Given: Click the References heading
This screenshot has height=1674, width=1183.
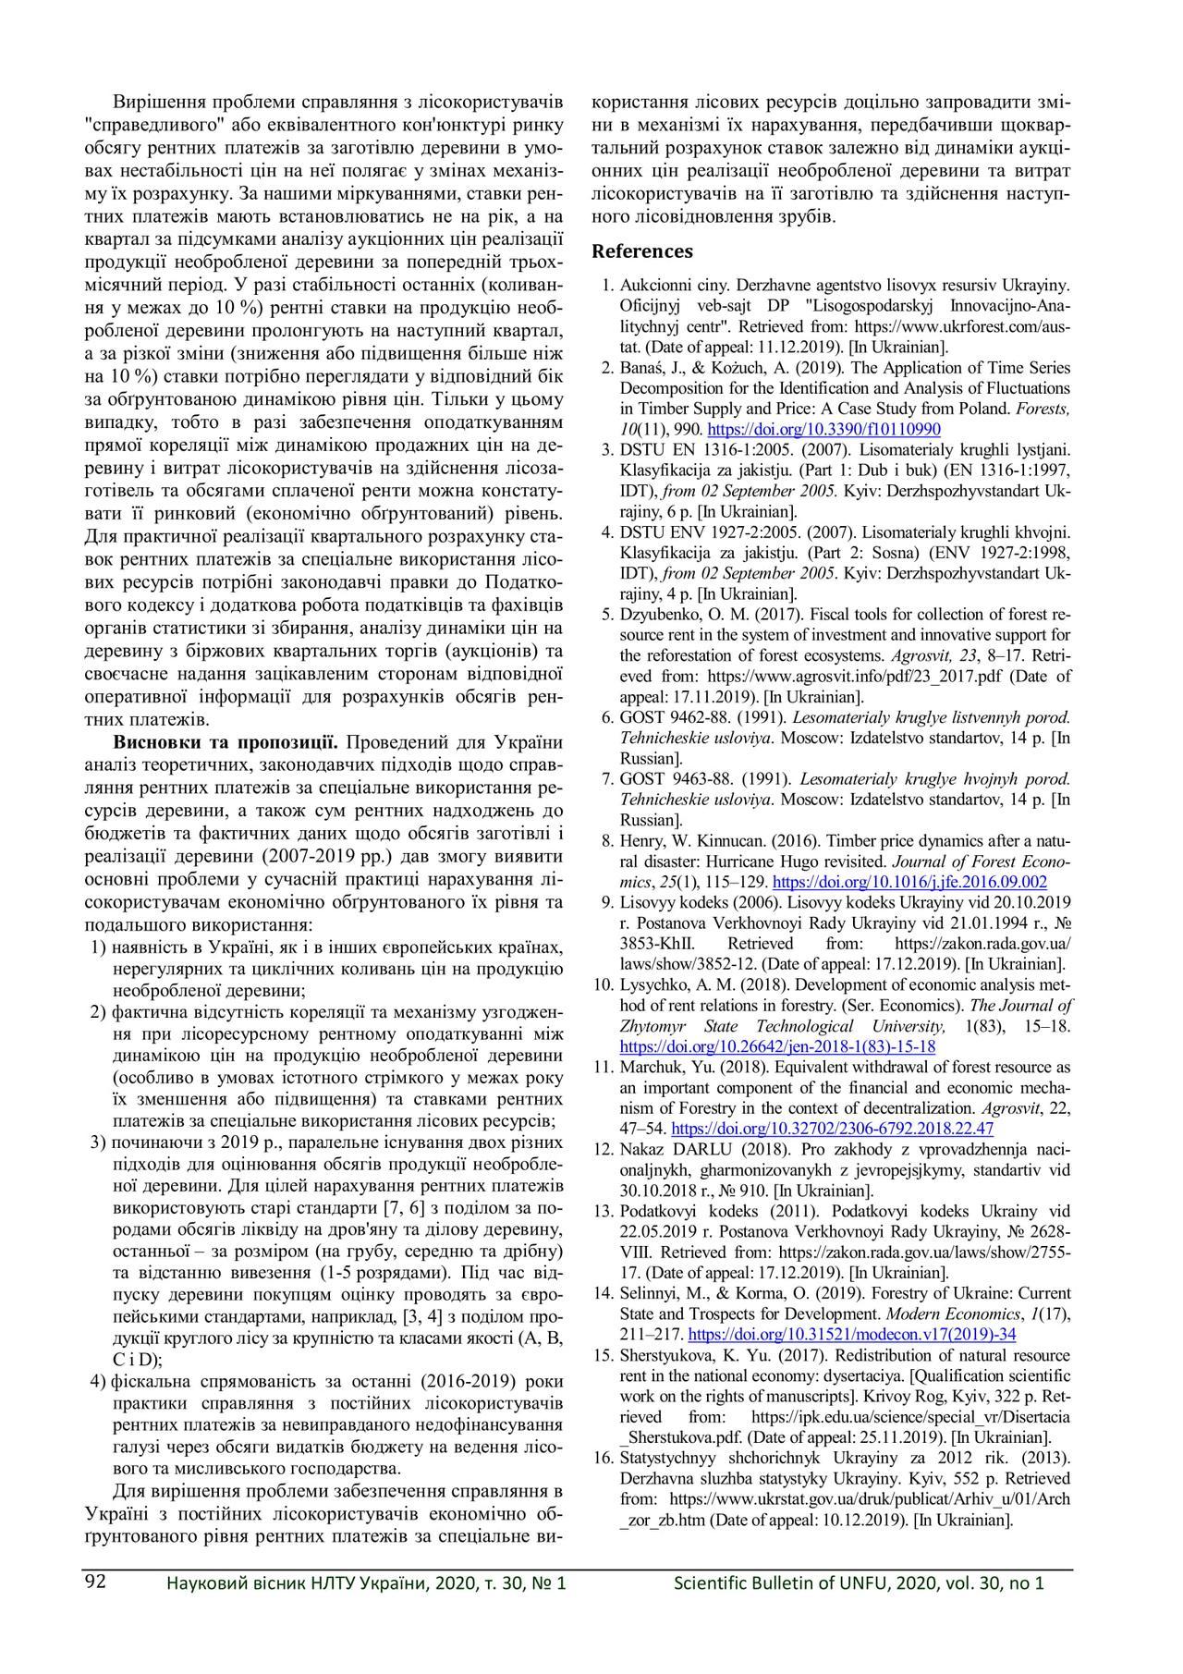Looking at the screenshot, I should coord(641,251).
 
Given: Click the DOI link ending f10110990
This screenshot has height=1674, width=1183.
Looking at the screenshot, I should coord(823,429).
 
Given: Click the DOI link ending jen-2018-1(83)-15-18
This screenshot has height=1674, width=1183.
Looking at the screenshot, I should coord(777,1046).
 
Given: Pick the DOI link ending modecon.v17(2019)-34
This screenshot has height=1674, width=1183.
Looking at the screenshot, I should coord(852,1334).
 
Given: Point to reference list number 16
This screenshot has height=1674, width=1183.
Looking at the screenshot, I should coord(604,1458).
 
